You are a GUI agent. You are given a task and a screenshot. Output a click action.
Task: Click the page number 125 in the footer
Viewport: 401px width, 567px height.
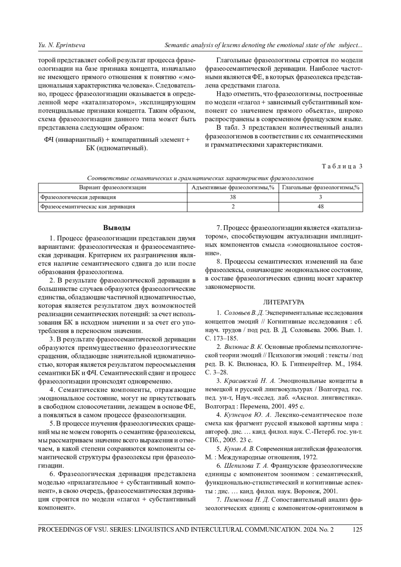pyautogui.click(x=357, y=529)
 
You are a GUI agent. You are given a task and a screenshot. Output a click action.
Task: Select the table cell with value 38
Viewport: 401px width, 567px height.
pyautogui.click(x=233, y=197)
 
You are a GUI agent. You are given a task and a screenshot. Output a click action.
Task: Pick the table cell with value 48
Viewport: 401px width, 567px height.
pyautogui.click(x=320, y=206)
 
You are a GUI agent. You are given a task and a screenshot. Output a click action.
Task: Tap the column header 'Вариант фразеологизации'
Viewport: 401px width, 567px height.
pyautogui.click(x=112, y=187)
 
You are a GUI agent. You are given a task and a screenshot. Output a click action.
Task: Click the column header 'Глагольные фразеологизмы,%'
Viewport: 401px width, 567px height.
pyautogui.click(x=320, y=187)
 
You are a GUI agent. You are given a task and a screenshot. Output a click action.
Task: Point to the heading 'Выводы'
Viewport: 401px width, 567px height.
pyautogui.click(x=117, y=228)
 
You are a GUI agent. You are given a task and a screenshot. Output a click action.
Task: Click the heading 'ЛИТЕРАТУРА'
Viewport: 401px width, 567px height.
pyautogui.click(x=284, y=302)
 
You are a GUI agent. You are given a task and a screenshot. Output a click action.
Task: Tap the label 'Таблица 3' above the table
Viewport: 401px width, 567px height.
pyautogui.click(x=342, y=166)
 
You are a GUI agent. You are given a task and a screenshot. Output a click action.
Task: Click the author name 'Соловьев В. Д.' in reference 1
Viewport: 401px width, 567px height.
pyautogui.click(x=244, y=313)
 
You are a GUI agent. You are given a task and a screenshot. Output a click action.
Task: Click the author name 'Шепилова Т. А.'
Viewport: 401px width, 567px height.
pyautogui.click(x=246, y=466)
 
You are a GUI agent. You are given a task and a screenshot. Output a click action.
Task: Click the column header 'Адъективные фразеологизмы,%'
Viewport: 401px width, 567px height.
pyautogui.click(x=233, y=187)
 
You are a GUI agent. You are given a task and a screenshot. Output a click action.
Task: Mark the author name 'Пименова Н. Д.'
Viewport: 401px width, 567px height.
pyautogui.click(x=247, y=500)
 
